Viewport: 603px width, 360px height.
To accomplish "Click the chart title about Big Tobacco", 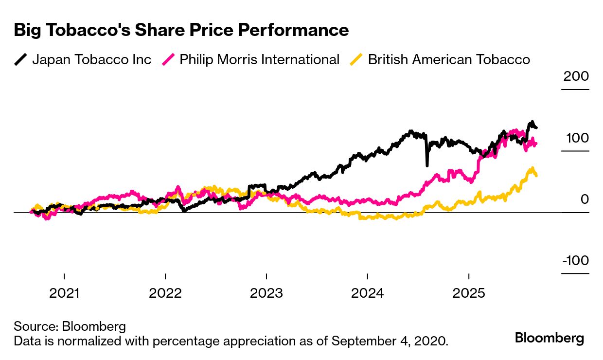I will point(181,30).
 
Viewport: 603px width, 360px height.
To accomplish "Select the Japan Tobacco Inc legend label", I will point(91,60).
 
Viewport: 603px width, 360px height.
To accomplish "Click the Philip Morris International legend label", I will point(259,60).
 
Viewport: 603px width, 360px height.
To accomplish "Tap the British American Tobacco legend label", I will point(448,60).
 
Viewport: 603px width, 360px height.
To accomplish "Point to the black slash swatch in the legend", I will point(21,60).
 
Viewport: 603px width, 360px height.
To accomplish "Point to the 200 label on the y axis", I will point(576,77).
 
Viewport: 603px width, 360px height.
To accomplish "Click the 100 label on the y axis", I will point(577,138).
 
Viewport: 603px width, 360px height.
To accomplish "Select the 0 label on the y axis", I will point(585,199).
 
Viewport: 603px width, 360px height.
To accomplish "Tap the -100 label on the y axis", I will point(575,261).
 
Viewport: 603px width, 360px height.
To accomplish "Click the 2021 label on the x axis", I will point(64,293).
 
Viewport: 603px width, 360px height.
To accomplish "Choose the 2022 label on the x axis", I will point(165,293).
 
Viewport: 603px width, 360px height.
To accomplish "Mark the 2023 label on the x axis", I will point(266,293).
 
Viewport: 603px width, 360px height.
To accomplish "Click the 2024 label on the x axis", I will point(367,293).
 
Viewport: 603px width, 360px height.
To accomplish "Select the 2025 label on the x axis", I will point(469,293).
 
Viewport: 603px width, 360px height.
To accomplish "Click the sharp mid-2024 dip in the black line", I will point(427,164).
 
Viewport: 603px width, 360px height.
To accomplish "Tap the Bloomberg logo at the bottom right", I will point(550,338).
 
